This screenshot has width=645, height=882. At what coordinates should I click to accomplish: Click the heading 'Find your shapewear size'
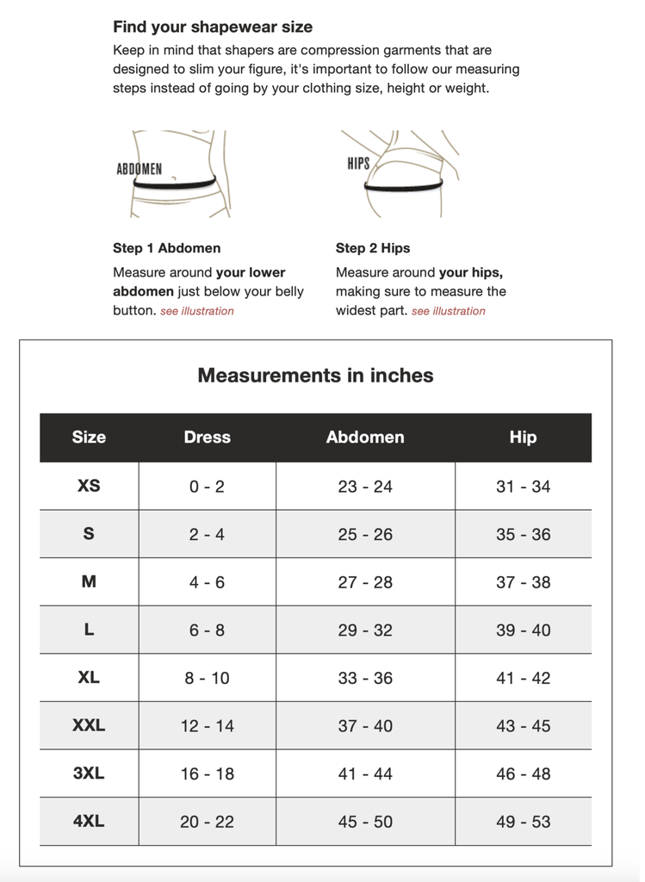[213, 27]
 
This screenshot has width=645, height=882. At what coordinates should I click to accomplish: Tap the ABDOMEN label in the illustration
[139, 169]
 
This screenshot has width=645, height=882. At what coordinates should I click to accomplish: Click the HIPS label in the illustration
[358, 164]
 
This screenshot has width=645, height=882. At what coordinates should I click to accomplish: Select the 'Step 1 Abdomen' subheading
[166, 248]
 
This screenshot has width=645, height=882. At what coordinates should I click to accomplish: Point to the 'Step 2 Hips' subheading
[373, 248]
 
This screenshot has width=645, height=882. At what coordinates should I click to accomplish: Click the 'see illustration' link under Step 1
[197, 311]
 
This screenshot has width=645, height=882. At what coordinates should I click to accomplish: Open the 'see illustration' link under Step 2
[449, 311]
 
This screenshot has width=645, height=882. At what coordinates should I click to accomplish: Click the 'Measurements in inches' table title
[315, 376]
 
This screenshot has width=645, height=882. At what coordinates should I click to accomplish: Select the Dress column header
[208, 438]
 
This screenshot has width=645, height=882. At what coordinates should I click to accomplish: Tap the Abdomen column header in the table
[365, 438]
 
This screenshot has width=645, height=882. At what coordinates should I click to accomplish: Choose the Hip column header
[523, 438]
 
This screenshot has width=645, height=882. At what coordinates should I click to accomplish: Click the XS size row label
[89, 486]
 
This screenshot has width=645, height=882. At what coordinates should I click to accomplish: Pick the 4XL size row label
[89, 821]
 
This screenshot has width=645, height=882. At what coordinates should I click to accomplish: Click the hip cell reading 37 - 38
[523, 582]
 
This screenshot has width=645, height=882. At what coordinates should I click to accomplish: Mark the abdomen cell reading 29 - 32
[365, 630]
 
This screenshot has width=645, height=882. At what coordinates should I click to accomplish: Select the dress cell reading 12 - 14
[208, 726]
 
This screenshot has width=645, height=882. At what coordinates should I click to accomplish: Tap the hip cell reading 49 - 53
[523, 822]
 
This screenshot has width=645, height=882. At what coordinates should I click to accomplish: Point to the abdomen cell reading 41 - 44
[365, 774]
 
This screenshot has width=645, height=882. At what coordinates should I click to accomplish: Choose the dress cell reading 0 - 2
[208, 487]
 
